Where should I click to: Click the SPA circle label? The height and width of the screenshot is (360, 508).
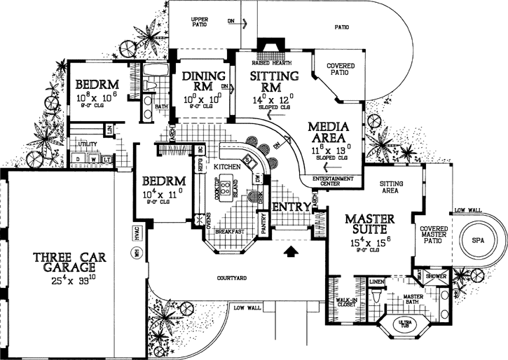pos(478,240)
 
